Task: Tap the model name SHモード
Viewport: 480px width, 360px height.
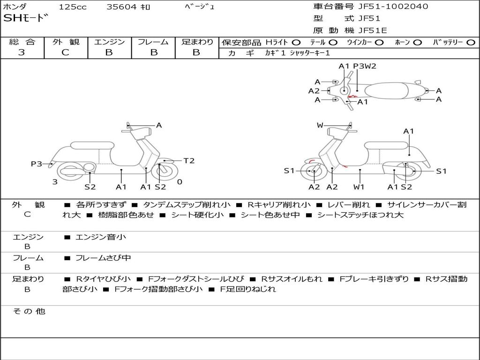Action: (x=26, y=18)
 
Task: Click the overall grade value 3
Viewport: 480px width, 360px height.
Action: (x=22, y=52)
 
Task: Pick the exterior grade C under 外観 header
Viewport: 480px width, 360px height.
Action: (x=65, y=52)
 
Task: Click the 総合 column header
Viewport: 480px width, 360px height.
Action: (x=22, y=42)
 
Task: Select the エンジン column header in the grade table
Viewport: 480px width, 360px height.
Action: (x=109, y=42)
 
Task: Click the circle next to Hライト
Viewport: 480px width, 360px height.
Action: (x=296, y=42)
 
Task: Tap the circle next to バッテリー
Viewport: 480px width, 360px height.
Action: (x=471, y=42)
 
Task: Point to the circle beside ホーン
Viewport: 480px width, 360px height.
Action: (x=417, y=42)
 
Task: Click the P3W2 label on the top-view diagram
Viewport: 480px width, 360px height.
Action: (x=365, y=66)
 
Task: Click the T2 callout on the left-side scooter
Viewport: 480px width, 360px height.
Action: (x=188, y=161)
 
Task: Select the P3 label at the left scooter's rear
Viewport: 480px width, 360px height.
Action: (x=37, y=164)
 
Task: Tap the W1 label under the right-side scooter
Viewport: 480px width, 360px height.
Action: (x=359, y=187)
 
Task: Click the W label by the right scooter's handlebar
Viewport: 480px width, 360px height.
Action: (x=320, y=125)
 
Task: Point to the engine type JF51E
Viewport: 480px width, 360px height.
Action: (x=373, y=30)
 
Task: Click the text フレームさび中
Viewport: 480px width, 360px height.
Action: (x=103, y=258)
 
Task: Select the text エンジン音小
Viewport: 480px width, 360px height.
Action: (x=101, y=237)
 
